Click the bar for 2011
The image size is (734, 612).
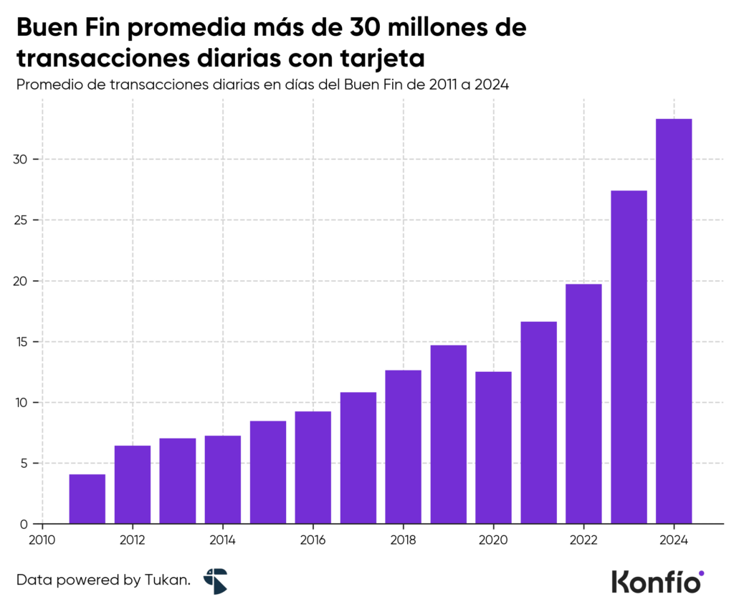click(x=87, y=499)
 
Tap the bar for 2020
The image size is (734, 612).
click(x=493, y=447)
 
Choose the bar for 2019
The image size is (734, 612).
click(x=448, y=434)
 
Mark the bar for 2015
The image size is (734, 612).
click(x=268, y=472)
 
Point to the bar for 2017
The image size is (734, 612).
click(x=358, y=458)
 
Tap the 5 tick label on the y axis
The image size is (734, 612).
click(x=25, y=464)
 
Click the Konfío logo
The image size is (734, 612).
click(x=656, y=581)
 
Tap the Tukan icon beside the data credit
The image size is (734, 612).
click(x=215, y=580)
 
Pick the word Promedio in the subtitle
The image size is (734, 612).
click(x=48, y=85)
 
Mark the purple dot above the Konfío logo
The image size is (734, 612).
click(x=701, y=573)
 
